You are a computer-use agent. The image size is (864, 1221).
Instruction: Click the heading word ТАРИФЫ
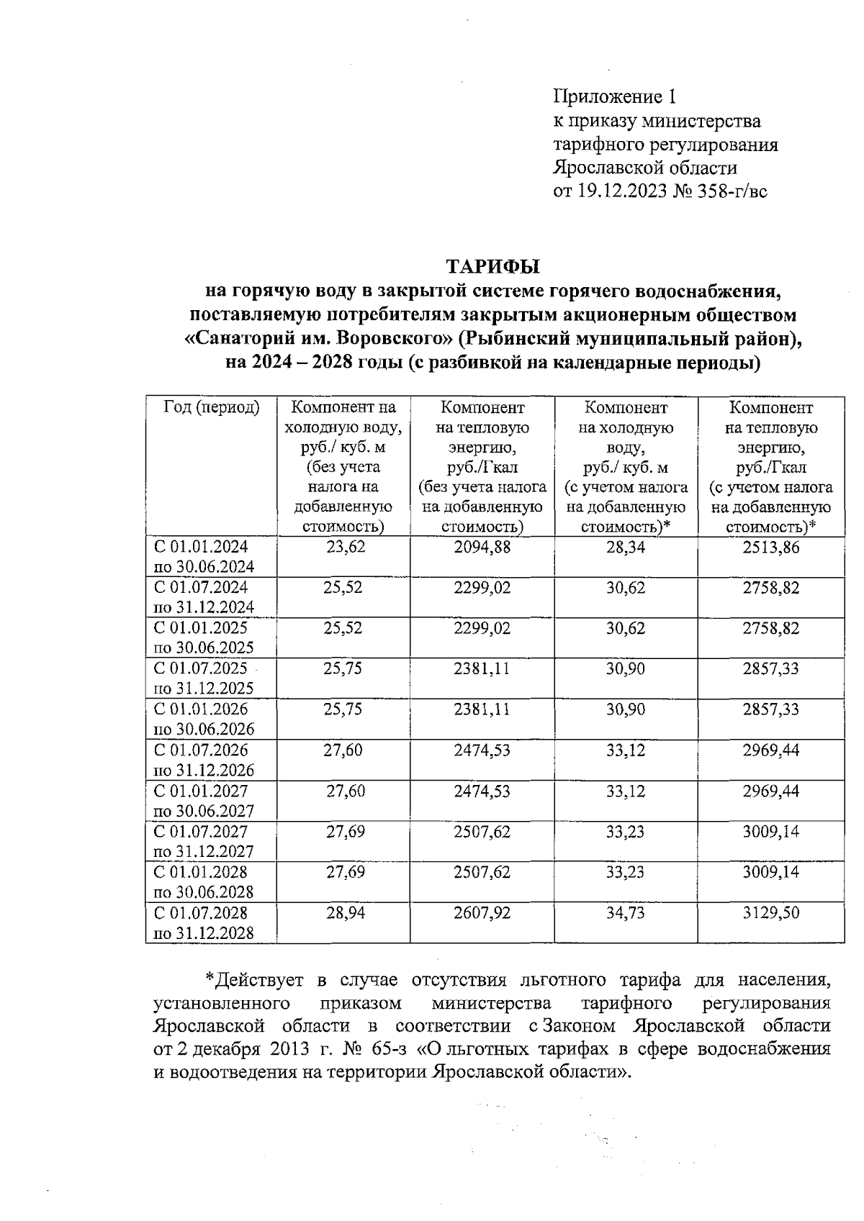click(x=492, y=266)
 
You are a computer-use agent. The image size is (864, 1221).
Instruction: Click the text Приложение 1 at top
click(x=614, y=96)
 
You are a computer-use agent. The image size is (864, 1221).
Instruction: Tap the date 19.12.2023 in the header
click(x=621, y=191)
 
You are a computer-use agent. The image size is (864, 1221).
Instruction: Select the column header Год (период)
click(x=210, y=407)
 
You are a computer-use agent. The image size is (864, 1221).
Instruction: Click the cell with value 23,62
click(x=346, y=547)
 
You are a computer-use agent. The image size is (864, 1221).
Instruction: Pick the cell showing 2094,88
click(x=482, y=547)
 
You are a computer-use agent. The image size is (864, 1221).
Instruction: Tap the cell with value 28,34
click(x=625, y=547)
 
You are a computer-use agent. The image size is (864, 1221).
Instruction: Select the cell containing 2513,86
click(x=770, y=547)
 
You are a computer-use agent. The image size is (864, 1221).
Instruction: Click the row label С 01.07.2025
click(x=201, y=668)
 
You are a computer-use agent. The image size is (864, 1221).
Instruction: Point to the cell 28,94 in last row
click(x=346, y=913)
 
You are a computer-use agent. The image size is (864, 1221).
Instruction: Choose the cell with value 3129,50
click(x=770, y=913)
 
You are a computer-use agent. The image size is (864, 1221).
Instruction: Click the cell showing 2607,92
click(x=482, y=913)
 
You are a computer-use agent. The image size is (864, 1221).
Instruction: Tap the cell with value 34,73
click(x=625, y=913)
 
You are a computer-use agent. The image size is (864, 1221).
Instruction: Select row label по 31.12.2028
click(x=204, y=933)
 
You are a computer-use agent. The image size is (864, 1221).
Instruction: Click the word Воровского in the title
click(x=390, y=339)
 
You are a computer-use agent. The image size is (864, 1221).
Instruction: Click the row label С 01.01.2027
click(x=201, y=791)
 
